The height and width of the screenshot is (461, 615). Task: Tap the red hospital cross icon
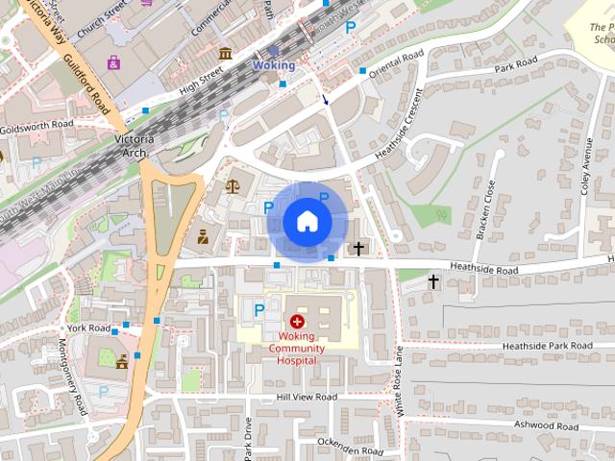point(297,319)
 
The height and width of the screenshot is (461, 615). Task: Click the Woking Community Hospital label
point(296,348)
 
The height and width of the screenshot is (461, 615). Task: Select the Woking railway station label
point(274,65)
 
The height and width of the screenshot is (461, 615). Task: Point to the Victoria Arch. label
point(135,146)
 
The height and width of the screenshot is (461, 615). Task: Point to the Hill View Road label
point(307,397)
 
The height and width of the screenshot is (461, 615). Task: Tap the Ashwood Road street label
point(546,425)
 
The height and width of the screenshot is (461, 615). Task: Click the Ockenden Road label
point(351,450)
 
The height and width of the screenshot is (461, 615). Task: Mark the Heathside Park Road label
point(546,345)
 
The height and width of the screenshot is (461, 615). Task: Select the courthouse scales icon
point(232,185)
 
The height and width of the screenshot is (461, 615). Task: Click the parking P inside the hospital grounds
point(258,308)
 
